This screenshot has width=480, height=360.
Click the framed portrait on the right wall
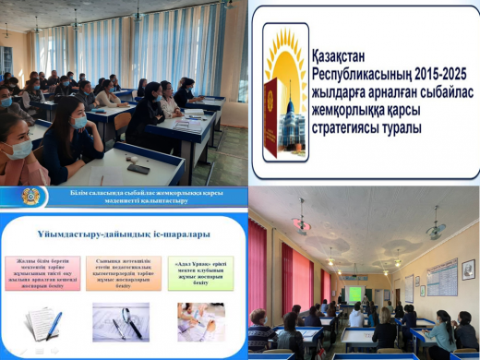(409, 287)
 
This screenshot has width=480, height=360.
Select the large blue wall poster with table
(441, 276)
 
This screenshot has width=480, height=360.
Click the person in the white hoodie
(355, 316)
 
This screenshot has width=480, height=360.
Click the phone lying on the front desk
(138, 169)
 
